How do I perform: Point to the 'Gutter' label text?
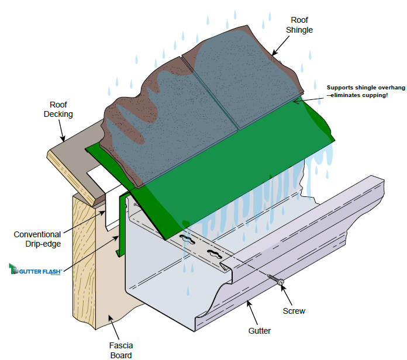[259, 331]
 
